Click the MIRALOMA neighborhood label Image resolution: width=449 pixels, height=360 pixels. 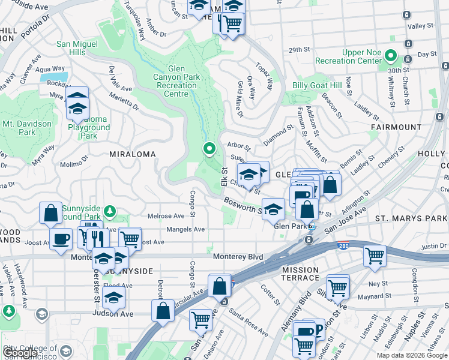pyautogui.click(x=132, y=154)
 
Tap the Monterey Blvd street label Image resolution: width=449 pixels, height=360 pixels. pyautogui.click(x=238, y=257)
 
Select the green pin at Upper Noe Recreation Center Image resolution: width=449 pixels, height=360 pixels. pyautogui.click(x=390, y=58)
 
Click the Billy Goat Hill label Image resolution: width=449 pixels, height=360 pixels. pyautogui.click(x=316, y=85)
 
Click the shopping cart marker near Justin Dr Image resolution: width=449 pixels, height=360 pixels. pyautogui.click(x=375, y=256)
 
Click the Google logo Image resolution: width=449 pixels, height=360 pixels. pyautogui.click(x=20, y=353)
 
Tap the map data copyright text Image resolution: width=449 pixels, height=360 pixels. pyautogui.click(x=412, y=355)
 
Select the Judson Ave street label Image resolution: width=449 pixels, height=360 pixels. pyautogui.click(x=113, y=313)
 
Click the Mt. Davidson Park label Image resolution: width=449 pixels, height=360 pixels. pyautogui.click(x=26, y=128)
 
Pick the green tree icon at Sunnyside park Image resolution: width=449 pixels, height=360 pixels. pyautogui.click(x=109, y=211)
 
